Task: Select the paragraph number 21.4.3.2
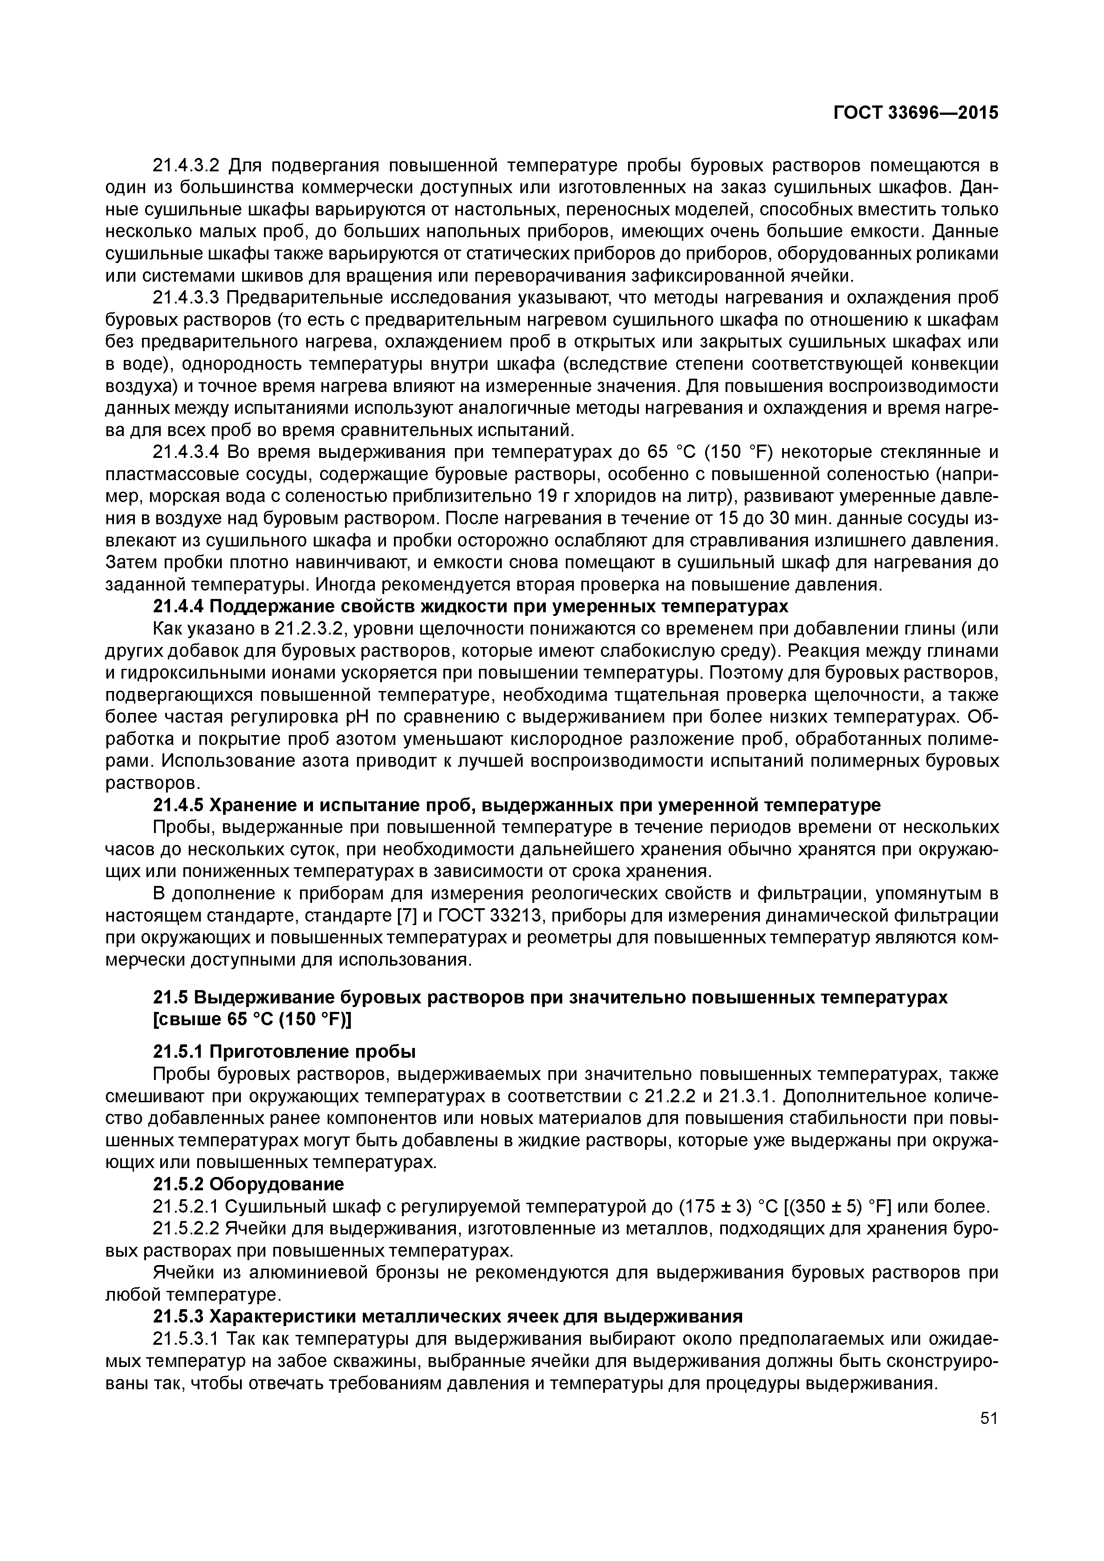pos(187,165)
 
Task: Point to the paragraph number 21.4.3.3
pos(187,298)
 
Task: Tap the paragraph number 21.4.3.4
pos(187,452)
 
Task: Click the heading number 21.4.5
pos(178,806)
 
